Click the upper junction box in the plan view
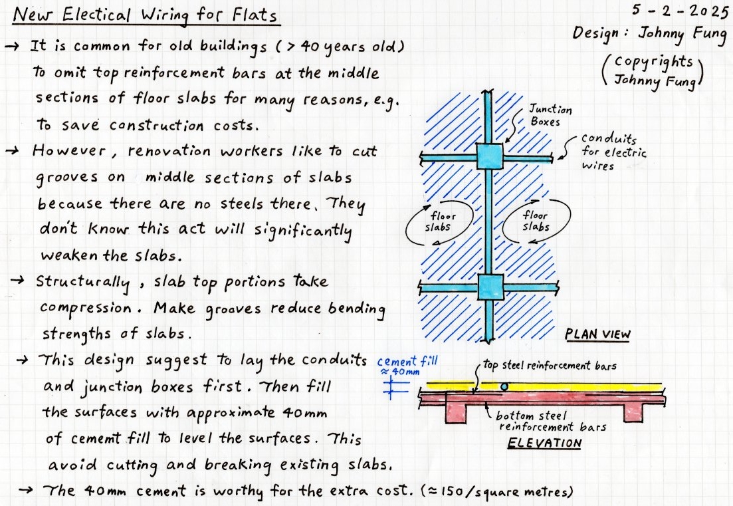[490, 156]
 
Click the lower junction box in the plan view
[490, 287]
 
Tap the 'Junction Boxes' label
[550, 116]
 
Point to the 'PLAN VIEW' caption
[597, 334]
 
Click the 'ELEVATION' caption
[545, 443]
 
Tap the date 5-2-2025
[680, 10]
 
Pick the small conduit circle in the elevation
[504, 387]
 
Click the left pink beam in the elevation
[456, 412]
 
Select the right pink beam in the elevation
[633, 411]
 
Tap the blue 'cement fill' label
[407, 365]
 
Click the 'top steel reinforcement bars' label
[550, 365]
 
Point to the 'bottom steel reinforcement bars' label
[552, 421]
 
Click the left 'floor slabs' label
[439, 221]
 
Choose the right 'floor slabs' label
[536, 221]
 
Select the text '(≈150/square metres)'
[496, 491]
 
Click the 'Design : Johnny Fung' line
[650, 35]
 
